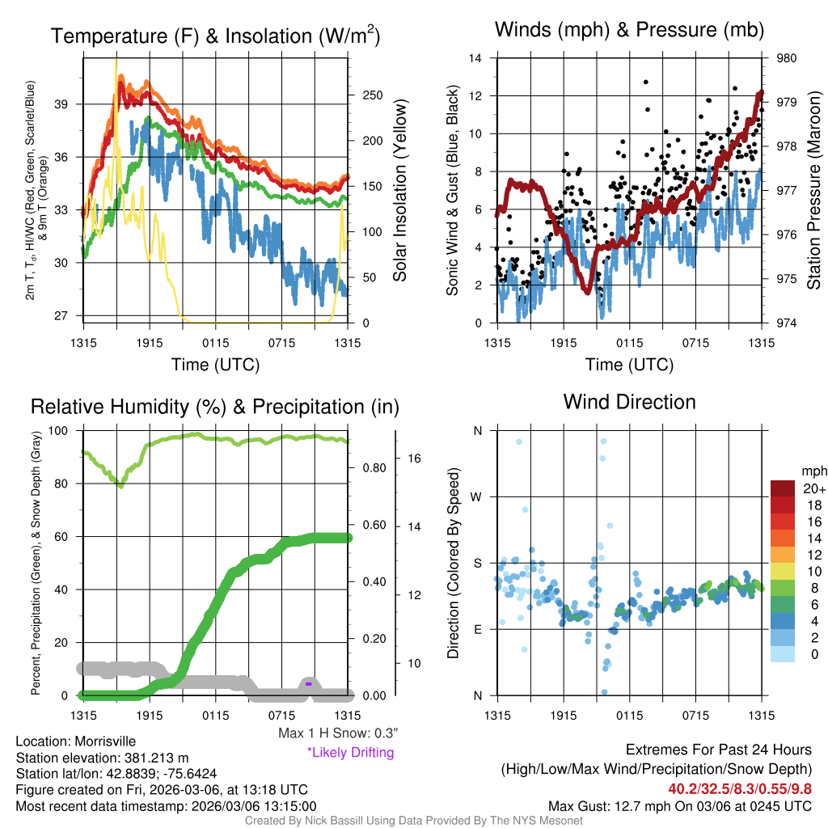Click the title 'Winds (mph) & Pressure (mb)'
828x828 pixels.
pyautogui.click(x=629, y=31)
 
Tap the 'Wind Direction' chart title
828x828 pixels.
pyautogui.click(x=629, y=402)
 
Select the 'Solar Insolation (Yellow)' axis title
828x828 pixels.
pyautogui.click(x=399, y=190)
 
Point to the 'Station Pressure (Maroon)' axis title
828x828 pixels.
pyautogui.click(x=814, y=190)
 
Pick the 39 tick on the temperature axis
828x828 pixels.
pyautogui.click(x=69, y=104)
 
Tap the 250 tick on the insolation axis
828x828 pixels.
pyautogui.click(x=372, y=95)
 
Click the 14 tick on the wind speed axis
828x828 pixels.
pyautogui.click(x=475, y=58)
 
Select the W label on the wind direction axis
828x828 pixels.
pyautogui.click(x=477, y=496)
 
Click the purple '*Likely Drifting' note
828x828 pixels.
pyautogui.click(x=350, y=753)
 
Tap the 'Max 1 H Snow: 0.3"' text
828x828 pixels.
pyautogui.click(x=337, y=733)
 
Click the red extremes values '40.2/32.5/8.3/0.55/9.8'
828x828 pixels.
pyautogui.click(x=740, y=788)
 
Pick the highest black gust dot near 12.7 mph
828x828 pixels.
pyautogui.click(x=645, y=82)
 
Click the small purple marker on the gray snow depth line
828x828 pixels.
pyautogui.click(x=309, y=684)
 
